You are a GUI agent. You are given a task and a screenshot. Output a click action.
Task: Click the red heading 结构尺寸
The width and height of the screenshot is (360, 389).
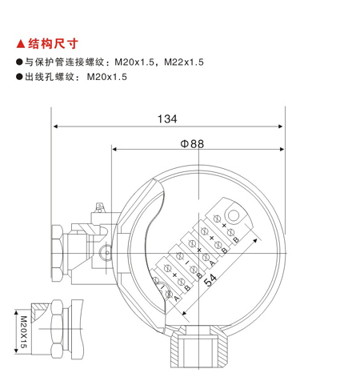(53, 44)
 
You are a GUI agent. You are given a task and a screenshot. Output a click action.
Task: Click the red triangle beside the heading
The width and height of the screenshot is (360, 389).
(21, 44)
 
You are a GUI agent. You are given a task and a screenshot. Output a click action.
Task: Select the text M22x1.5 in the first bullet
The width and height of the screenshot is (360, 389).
(184, 62)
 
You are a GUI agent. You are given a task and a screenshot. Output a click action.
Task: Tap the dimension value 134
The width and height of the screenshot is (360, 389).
(167, 119)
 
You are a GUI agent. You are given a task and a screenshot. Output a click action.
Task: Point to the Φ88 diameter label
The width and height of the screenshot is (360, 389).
(192, 144)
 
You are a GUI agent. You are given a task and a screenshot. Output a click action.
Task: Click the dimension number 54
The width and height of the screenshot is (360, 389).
(210, 280)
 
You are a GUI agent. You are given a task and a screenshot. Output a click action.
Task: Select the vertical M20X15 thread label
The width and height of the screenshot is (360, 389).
(24, 332)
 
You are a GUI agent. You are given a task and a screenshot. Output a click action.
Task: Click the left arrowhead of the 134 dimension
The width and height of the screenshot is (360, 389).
(56, 126)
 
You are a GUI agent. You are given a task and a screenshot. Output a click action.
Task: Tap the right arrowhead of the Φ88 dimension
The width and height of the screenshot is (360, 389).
(282, 149)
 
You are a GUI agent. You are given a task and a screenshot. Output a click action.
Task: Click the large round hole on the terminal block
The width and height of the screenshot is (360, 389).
(234, 215)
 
